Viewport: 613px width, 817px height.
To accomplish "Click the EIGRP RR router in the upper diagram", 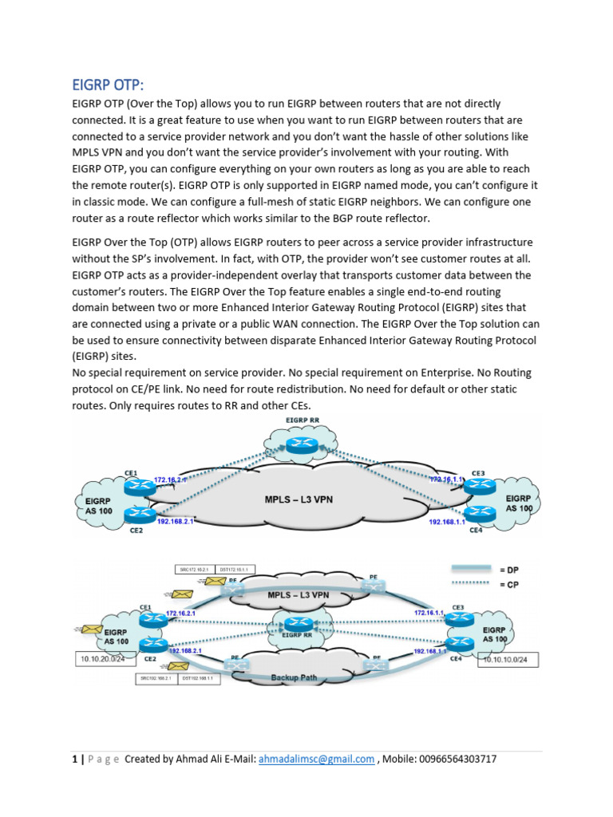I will (x=302, y=448).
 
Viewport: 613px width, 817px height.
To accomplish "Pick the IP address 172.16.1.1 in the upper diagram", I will (x=445, y=479).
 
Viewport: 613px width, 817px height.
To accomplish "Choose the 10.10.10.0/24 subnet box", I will (x=508, y=660).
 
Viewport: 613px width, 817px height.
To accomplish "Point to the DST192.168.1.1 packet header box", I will (x=203, y=679).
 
